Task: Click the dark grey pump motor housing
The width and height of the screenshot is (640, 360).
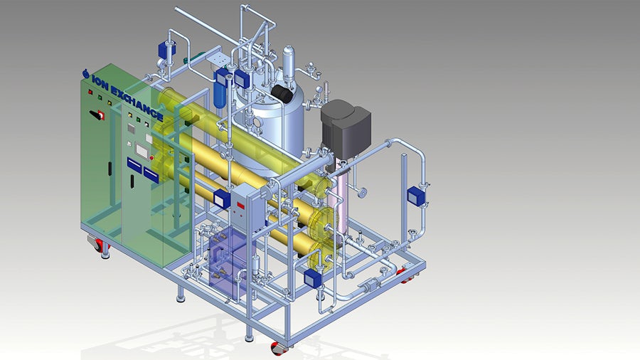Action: point(346,125)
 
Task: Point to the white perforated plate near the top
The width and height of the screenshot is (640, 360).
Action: point(218,58)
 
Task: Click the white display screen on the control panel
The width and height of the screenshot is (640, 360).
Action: point(142,150)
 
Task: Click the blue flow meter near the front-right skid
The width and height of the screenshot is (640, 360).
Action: point(313,278)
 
